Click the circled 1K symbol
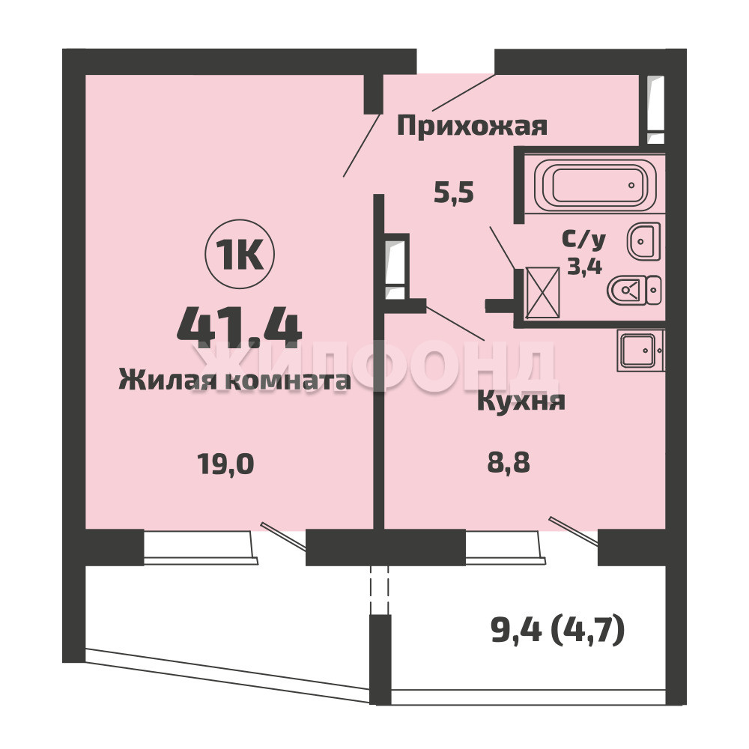pyautogui.click(x=240, y=254)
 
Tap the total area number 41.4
pyautogui.click(x=239, y=324)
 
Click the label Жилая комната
pyautogui.click(x=234, y=380)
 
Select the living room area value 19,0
pyautogui.click(x=225, y=464)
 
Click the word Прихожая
pyautogui.click(x=472, y=127)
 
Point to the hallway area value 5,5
pyautogui.click(x=453, y=193)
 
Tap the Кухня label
pyautogui.click(x=521, y=401)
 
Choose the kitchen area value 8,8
pyautogui.click(x=509, y=463)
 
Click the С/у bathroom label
pyautogui.click(x=583, y=240)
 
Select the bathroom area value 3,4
pyautogui.click(x=584, y=266)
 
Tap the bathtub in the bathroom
pyautogui.click(x=595, y=185)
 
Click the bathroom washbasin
pyautogui.click(x=644, y=241)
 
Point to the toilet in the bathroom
pyautogui.click(x=634, y=290)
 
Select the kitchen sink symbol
pyautogui.click(x=640, y=350)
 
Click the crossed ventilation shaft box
pyautogui.click(x=542, y=292)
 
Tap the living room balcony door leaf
pyautogui.click(x=283, y=536)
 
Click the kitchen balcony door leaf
pyautogui.click(x=573, y=531)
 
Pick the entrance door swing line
pyautogui.click(x=464, y=93)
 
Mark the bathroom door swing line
pyautogui.click(x=503, y=248)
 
